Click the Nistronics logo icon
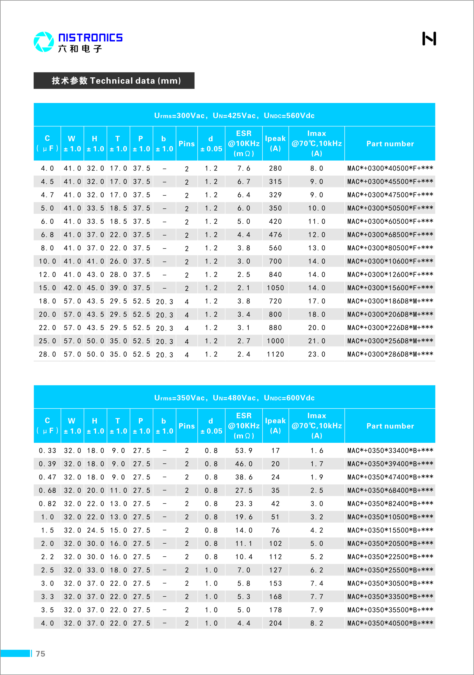click(44, 42)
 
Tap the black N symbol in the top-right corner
click(429, 38)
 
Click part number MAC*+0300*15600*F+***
click(390, 288)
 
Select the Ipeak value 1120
click(275, 354)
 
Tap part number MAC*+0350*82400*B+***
click(390, 504)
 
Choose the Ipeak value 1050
click(275, 288)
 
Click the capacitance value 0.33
click(47, 451)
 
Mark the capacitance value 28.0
click(47, 354)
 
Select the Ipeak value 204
click(275, 623)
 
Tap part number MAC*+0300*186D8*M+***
click(390, 301)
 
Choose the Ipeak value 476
click(275, 235)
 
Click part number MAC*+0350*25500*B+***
click(390, 570)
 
